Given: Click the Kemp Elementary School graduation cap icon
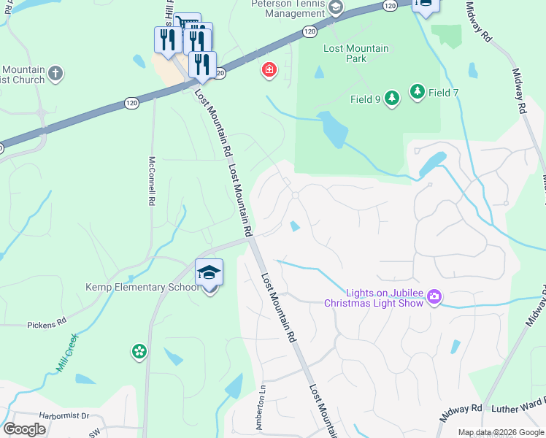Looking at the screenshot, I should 209,273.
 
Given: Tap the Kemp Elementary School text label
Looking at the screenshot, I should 142,287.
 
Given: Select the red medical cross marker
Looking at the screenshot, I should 269,70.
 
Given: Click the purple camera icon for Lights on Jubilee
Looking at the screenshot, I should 435,296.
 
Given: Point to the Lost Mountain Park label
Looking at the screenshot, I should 356,53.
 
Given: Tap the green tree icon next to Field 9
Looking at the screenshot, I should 392,99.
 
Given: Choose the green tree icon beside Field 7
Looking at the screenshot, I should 417,92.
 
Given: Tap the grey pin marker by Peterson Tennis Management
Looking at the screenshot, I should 335,9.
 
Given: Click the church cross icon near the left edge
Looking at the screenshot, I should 55,73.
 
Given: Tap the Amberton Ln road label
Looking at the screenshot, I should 260,412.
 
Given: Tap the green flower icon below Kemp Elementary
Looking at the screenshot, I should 139,352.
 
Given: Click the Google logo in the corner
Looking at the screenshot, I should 24,429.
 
